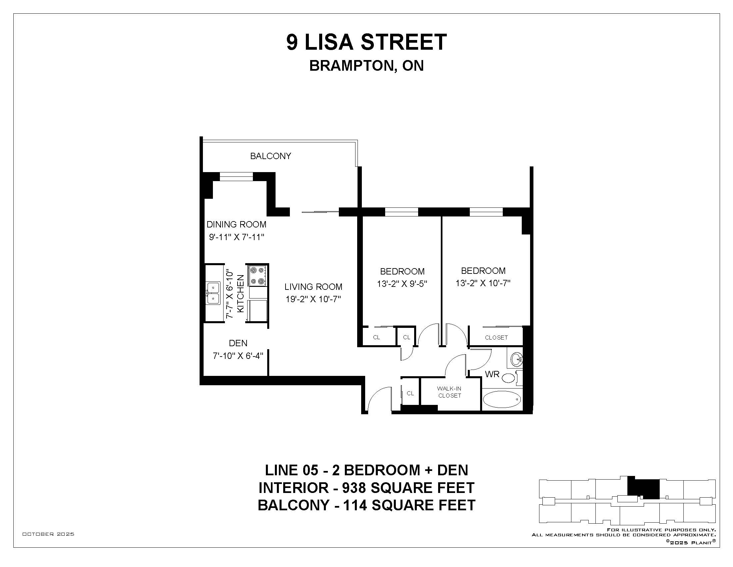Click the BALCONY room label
(271, 156)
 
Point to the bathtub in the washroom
(502, 399)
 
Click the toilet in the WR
(511, 378)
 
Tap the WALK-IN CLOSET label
(449, 392)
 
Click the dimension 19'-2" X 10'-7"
(313, 299)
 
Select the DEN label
(238, 343)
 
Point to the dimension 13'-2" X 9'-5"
(402, 284)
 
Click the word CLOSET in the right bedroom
(496, 338)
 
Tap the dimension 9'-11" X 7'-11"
(237, 237)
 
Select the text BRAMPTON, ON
(366, 66)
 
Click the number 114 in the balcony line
(355, 505)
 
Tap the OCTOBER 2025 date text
(48, 534)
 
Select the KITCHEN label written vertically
(241, 294)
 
